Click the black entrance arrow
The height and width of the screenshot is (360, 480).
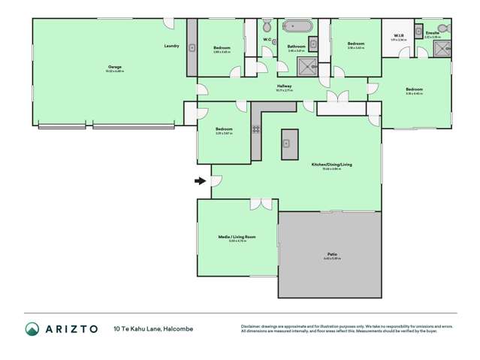click(201, 180)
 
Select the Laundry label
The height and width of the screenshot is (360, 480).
click(171, 47)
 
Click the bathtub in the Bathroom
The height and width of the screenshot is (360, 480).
click(296, 26)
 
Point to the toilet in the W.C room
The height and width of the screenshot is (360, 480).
click(267, 51)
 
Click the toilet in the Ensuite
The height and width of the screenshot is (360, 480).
click(442, 29)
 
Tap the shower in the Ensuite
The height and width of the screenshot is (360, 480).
click(439, 49)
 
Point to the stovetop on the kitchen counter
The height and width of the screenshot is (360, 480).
click(256, 130)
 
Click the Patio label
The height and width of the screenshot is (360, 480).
click(331, 255)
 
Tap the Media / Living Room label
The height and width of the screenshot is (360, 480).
click(237, 237)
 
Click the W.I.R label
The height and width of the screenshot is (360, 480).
click(399, 35)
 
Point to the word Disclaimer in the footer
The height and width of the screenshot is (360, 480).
click(254, 326)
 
